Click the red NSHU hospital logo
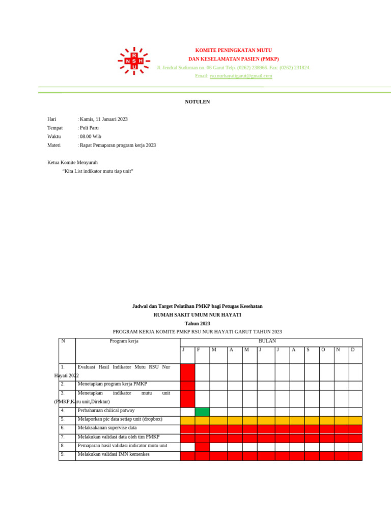click(134, 61)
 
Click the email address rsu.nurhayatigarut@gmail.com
click(241, 76)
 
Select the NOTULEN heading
click(197, 102)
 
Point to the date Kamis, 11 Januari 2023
click(103, 119)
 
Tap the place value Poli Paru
click(89, 128)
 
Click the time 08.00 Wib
click(90, 136)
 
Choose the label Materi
click(54, 145)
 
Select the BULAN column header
click(267, 341)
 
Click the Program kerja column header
click(124, 341)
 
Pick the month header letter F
click(198, 350)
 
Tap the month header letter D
click(352, 350)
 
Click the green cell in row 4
click(202, 411)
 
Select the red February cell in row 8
click(202, 446)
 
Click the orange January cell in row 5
click(187, 420)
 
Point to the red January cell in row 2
click(187, 385)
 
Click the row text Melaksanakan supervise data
click(107, 428)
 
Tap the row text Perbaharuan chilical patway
click(106, 410)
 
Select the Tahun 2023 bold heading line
click(197, 323)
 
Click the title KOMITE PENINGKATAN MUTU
click(234, 50)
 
